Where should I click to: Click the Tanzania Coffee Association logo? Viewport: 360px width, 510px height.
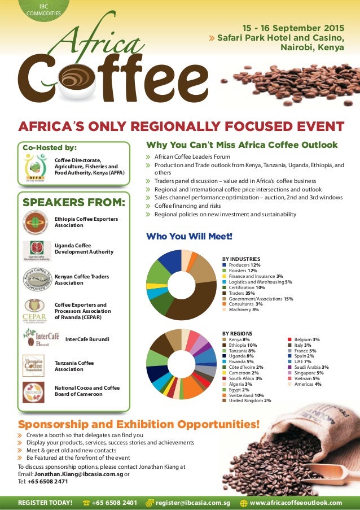[33, 364]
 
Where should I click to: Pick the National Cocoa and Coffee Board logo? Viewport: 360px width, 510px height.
[33, 392]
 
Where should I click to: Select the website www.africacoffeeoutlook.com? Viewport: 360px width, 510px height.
[296, 503]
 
